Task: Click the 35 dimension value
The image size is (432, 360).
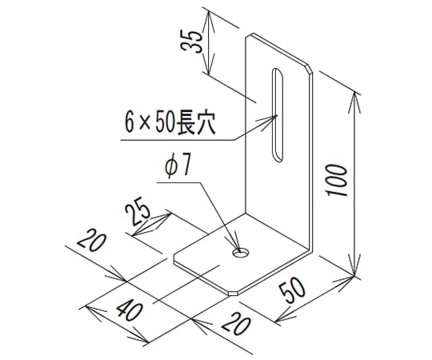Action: pyautogui.click(x=191, y=41)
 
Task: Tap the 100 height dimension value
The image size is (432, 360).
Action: pyautogui.click(x=336, y=181)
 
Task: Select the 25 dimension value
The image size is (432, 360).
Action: pyautogui.click(x=138, y=211)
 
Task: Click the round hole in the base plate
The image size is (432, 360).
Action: pyautogui.click(x=241, y=252)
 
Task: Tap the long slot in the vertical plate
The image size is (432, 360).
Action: pyautogui.click(x=278, y=114)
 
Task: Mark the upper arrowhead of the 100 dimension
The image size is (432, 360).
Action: pyautogui.click(x=355, y=102)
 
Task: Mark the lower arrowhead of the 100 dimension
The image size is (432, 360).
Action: pyautogui.click(x=354, y=265)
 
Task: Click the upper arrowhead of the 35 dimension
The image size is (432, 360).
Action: pyautogui.click(x=209, y=22)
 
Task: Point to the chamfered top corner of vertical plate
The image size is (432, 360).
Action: pyautogui.click(x=310, y=69)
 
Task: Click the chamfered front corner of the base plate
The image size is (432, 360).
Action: pyautogui.click(x=233, y=293)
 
